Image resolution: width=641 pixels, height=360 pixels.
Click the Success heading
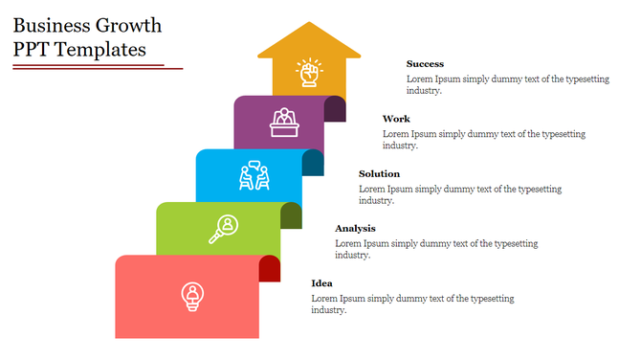[425, 64]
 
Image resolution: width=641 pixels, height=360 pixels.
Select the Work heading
[396, 119]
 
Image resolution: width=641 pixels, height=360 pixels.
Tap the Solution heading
[379, 173]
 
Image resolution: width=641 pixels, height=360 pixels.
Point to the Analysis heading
[355, 228]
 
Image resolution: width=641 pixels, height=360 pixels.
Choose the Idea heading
[321, 282]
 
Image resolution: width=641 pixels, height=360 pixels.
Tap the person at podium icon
[282, 122]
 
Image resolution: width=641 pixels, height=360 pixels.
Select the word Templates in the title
[101, 50]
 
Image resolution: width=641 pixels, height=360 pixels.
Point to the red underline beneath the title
[96, 67]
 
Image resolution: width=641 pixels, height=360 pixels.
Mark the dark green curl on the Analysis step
[292, 215]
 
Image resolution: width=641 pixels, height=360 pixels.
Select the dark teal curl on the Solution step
[314, 163]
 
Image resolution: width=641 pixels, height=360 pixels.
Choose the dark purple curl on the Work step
[336, 108]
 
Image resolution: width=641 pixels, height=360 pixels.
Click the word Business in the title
[55, 26]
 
